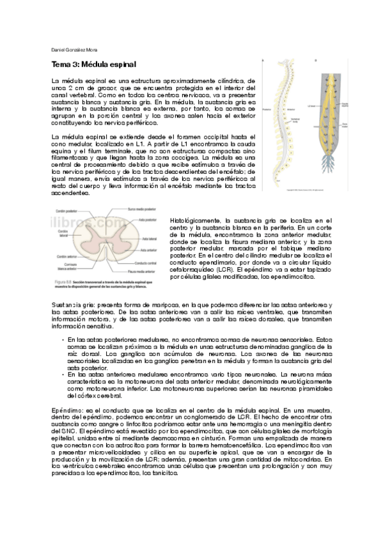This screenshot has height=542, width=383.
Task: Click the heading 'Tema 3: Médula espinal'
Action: click(93, 65)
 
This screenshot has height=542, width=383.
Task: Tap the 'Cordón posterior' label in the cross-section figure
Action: click(66, 212)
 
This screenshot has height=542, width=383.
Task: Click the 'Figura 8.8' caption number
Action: click(60, 281)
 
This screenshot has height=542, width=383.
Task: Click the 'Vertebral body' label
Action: click(294, 120)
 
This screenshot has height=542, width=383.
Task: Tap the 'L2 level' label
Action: click(313, 105)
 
